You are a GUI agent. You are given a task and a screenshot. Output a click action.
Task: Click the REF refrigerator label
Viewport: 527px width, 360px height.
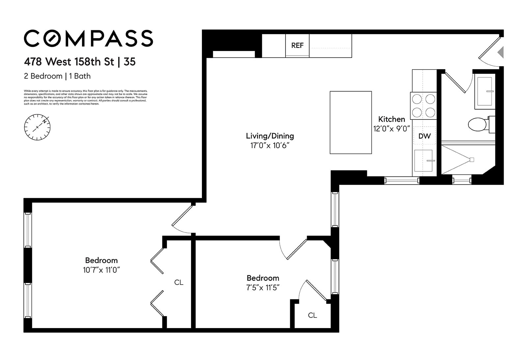297,45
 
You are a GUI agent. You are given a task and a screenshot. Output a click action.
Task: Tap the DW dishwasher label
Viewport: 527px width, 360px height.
425,136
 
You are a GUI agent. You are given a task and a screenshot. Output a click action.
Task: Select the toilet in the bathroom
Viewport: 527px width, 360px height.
478,124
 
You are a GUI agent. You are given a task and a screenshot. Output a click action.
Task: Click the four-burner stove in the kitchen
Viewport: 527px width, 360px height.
424,106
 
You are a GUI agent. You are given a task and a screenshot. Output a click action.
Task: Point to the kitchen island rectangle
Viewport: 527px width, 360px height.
350,122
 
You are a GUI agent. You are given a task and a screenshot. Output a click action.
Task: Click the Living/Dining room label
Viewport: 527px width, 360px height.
270,136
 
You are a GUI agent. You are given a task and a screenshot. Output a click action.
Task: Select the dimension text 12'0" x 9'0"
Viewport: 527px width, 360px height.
391,129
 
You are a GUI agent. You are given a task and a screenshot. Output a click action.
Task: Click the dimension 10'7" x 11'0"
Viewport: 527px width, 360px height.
101,270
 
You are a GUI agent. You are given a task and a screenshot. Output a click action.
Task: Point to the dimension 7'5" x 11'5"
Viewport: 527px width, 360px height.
263,288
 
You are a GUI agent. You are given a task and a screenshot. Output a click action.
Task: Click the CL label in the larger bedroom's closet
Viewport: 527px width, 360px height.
179,282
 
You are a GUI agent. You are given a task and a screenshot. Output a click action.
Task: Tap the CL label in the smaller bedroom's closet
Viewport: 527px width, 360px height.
312,315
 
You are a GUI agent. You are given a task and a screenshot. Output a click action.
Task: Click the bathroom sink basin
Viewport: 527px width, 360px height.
485,91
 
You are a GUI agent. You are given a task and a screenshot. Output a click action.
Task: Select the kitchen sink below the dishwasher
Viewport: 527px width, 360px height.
423,161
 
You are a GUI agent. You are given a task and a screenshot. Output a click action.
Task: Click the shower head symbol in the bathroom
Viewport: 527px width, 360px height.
471,160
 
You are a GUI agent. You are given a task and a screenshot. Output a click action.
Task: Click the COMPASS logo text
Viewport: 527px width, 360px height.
88,39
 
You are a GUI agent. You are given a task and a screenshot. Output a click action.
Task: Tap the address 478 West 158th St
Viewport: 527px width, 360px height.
69,62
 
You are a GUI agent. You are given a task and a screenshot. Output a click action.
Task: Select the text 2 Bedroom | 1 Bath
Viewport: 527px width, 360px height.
57,76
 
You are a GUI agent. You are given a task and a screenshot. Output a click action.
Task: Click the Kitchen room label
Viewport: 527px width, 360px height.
391,119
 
